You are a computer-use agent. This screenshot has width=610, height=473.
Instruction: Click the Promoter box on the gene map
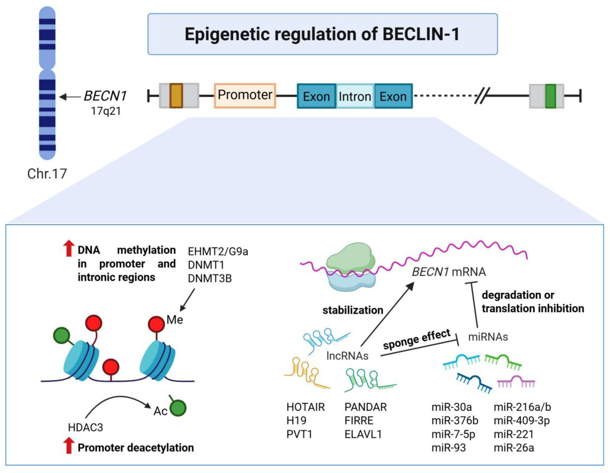(x=245, y=95)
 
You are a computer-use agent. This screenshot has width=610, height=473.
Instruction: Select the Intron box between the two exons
(x=355, y=96)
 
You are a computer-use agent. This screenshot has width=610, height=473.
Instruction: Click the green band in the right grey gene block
(x=550, y=96)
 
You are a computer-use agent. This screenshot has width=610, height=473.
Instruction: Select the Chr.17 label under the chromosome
(x=47, y=174)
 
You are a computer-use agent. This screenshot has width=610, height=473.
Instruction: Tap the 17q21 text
(x=106, y=111)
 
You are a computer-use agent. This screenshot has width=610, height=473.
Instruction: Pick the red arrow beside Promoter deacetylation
(x=68, y=446)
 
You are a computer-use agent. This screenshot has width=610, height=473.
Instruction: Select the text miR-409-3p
(x=521, y=420)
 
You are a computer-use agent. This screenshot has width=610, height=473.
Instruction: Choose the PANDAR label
(x=365, y=407)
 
